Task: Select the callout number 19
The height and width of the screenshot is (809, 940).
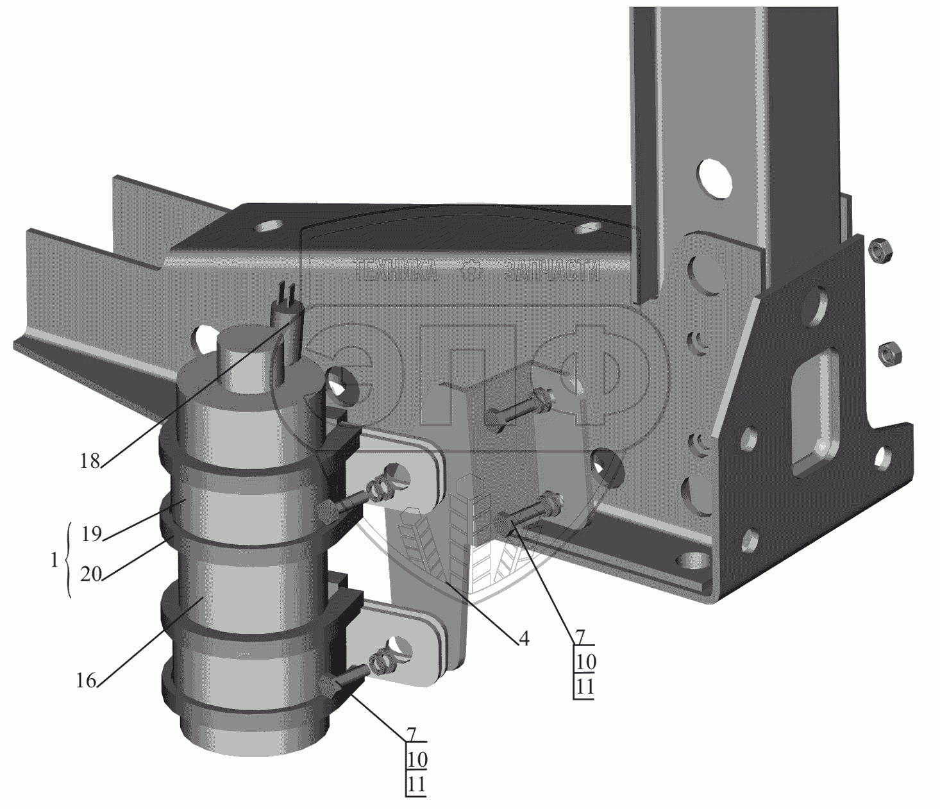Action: tap(92, 533)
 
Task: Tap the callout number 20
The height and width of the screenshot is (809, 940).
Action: tap(92, 574)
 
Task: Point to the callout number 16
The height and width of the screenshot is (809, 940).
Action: tap(87, 680)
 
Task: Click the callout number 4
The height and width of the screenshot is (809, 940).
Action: tap(524, 638)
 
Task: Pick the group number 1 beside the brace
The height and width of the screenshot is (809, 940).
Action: tap(54, 559)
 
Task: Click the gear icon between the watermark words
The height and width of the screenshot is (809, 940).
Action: tap(472, 272)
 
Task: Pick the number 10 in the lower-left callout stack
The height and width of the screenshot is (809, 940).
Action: tap(417, 760)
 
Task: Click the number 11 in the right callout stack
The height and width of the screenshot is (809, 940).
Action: tap(585, 687)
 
